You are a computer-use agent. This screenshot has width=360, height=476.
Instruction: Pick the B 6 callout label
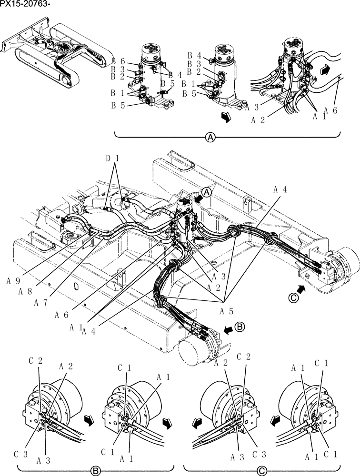119,61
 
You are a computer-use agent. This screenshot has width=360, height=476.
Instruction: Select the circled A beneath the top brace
210,137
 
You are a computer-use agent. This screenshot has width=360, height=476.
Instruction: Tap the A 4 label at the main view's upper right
280,189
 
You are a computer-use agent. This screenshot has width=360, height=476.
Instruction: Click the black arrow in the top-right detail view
324,70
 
